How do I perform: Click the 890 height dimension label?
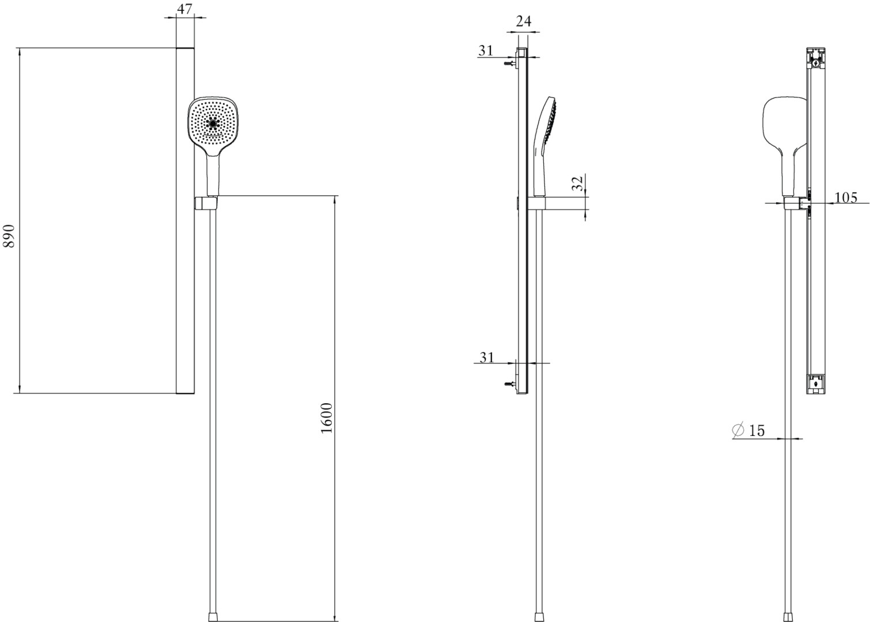[9, 236]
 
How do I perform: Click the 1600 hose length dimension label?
[327, 418]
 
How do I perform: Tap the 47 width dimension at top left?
[184, 9]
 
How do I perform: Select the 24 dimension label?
[523, 21]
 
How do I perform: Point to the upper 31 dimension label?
[486, 51]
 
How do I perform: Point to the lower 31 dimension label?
[486, 357]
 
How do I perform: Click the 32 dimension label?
[578, 183]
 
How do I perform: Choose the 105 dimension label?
[846, 198]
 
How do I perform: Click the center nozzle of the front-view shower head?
[213, 123]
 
